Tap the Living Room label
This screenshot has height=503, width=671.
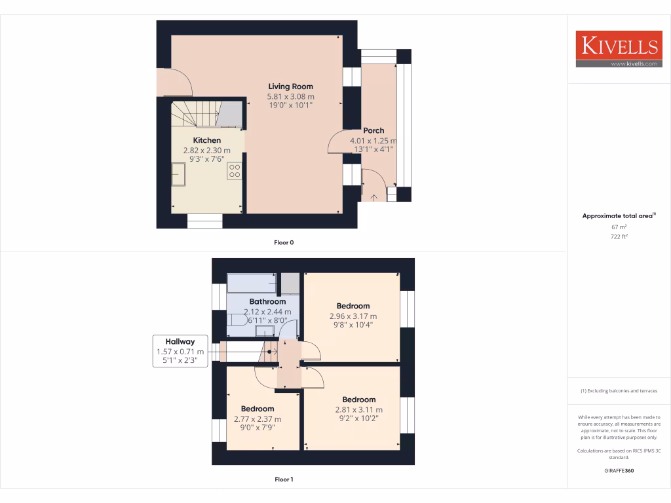tap(290, 86)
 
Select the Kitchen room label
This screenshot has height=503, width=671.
tap(206, 140)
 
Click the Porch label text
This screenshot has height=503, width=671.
tap(374, 130)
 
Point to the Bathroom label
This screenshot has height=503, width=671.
tap(267, 302)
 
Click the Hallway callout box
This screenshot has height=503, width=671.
tap(180, 351)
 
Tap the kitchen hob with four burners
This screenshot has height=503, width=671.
tap(234, 171)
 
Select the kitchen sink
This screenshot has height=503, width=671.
tap(179, 174)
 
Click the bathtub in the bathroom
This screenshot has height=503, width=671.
tap(251, 283)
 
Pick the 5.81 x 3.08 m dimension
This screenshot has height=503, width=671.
tap(290, 96)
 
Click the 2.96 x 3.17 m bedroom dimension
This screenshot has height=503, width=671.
tap(353, 316)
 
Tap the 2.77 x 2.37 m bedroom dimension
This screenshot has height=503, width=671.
tap(258, 419)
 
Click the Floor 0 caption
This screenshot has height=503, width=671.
tap(284, 242)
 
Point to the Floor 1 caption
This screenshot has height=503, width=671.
tap(284, 479)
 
